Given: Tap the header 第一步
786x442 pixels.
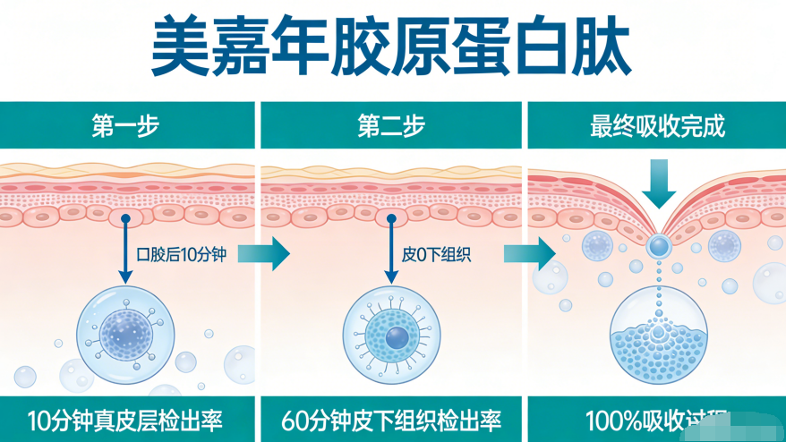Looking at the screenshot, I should coord(125,126).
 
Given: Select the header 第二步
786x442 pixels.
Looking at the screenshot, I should coord(391,126).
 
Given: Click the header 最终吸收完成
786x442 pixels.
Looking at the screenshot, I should coord(657,126).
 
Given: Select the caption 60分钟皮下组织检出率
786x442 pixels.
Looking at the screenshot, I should coord(391,420).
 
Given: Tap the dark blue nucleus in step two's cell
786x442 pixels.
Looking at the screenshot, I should coord(396,336).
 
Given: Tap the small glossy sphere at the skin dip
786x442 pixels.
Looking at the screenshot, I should coord(659,244).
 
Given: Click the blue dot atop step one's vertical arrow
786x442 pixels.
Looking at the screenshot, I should coord(126,218).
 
